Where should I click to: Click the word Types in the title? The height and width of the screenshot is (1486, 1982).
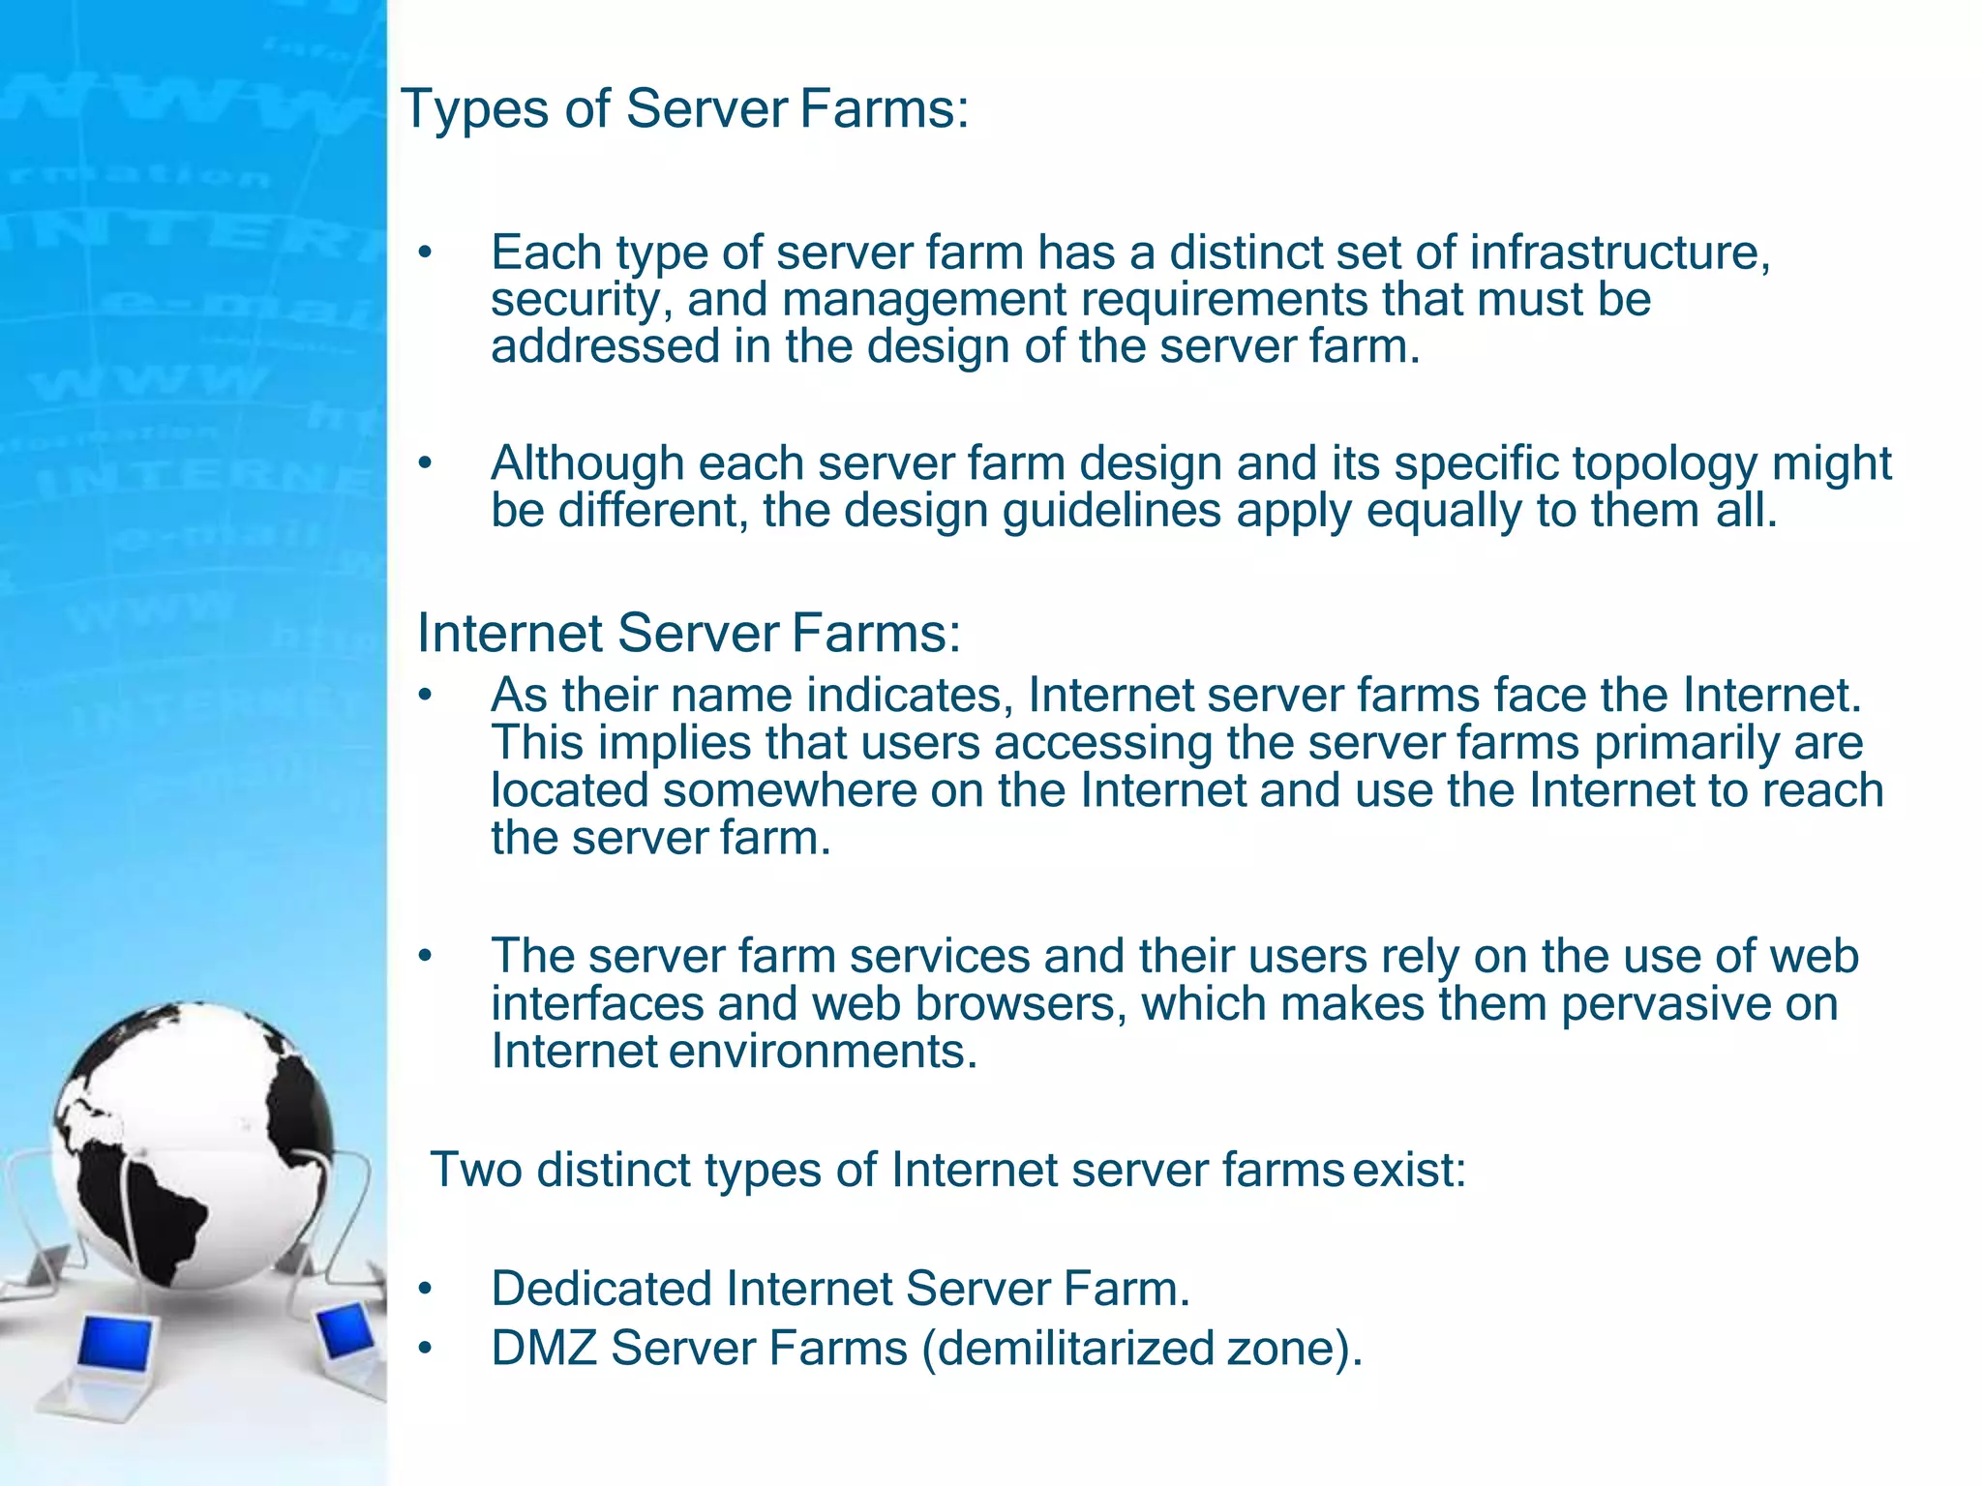[x=475, y=109]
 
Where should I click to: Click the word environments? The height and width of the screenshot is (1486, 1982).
[x=823, y=1051]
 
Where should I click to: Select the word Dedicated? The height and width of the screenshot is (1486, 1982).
[x=601, y=1289]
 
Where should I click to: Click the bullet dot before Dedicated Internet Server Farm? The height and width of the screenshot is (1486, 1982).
[x=424, y=1290]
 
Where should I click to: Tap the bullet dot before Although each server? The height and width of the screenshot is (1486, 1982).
[x=424, y=464]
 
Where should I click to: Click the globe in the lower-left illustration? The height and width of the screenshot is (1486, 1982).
[x=194, y=1142]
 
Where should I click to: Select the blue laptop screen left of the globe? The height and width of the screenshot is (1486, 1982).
[x=115, y=1344]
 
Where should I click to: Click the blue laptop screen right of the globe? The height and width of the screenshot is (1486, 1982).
[x=345, y=1331]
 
